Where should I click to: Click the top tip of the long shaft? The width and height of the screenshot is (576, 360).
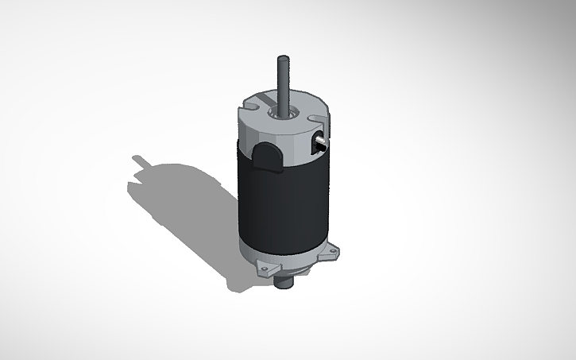282,58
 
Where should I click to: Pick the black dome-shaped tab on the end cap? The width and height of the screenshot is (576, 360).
269,156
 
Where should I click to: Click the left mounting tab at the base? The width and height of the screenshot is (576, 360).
262,270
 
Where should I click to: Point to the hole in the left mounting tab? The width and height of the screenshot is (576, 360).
262,271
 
